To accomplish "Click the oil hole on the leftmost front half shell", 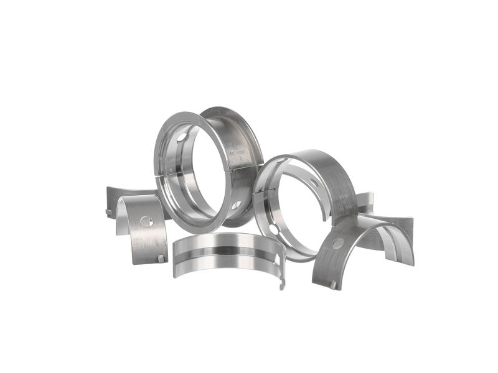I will coord(146,221).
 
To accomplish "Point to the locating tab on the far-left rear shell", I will coord(108,212).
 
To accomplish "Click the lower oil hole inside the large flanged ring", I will coord(236,205).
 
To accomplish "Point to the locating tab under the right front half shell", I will coord(334,285).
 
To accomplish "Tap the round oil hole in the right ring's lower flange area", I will coord(275,231).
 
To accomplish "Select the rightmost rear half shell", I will coord(398,230).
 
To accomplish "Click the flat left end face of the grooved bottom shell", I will coord(175,252).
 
